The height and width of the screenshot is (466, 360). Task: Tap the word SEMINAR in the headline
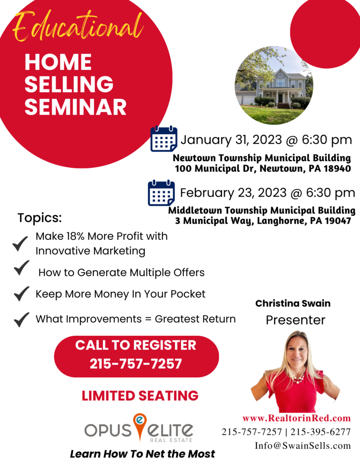[75, 106]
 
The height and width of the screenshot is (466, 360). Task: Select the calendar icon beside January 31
[164, 139]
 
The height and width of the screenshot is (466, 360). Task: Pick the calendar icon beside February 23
[161, 193]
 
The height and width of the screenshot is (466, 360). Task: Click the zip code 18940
[335, 169]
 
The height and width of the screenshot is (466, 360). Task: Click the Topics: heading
[40, 218]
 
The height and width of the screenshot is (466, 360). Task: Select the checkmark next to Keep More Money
[21, 294]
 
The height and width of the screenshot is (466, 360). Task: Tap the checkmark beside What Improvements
[21, 319]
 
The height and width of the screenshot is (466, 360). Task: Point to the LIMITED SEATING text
[140, 395]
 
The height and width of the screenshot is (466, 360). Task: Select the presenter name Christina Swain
[293, 303]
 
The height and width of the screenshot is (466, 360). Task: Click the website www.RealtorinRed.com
[296, 418]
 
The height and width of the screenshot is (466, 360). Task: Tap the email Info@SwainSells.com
[303, 446]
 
